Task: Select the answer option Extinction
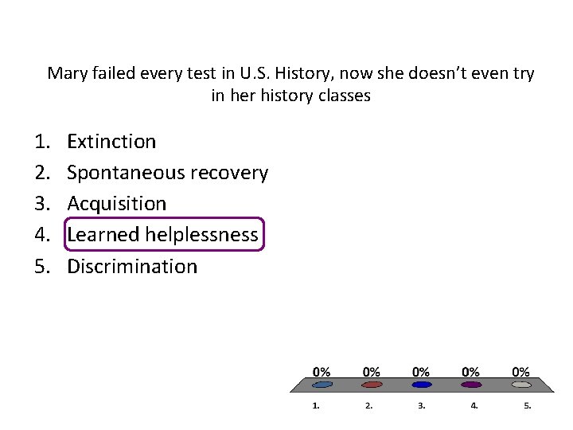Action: tap(111, 142)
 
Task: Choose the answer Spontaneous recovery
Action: tap(167, 173)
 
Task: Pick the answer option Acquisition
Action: tap(116, 204)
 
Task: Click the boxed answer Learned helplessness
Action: tap(162, 234)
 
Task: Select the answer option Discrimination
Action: tap(131, 266)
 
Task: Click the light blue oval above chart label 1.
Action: tap(322, 385)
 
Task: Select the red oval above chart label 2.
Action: tap(372, 385)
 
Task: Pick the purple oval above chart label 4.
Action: tap(471, 385)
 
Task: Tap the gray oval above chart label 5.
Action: tap(520, 385)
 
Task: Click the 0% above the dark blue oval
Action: tap(421, 371)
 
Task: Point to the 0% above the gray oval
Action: tap(520, 371)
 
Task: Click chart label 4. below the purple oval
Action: tap(474, 405)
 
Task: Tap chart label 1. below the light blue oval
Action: tap(316, 405)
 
